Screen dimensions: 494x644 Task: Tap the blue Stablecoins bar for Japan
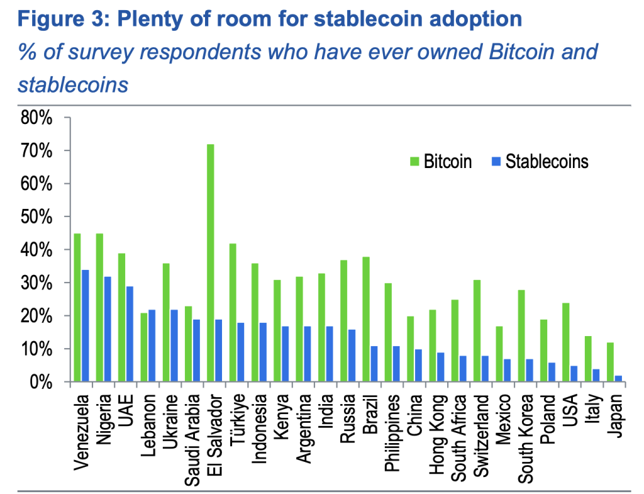pos(619,379)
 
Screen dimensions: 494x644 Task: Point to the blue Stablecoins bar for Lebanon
pos(152,345)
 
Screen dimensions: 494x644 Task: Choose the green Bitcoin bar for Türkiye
pos(233,313)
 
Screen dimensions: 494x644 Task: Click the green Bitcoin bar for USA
pos(565,342)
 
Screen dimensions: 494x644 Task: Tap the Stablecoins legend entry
pos(538,162)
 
